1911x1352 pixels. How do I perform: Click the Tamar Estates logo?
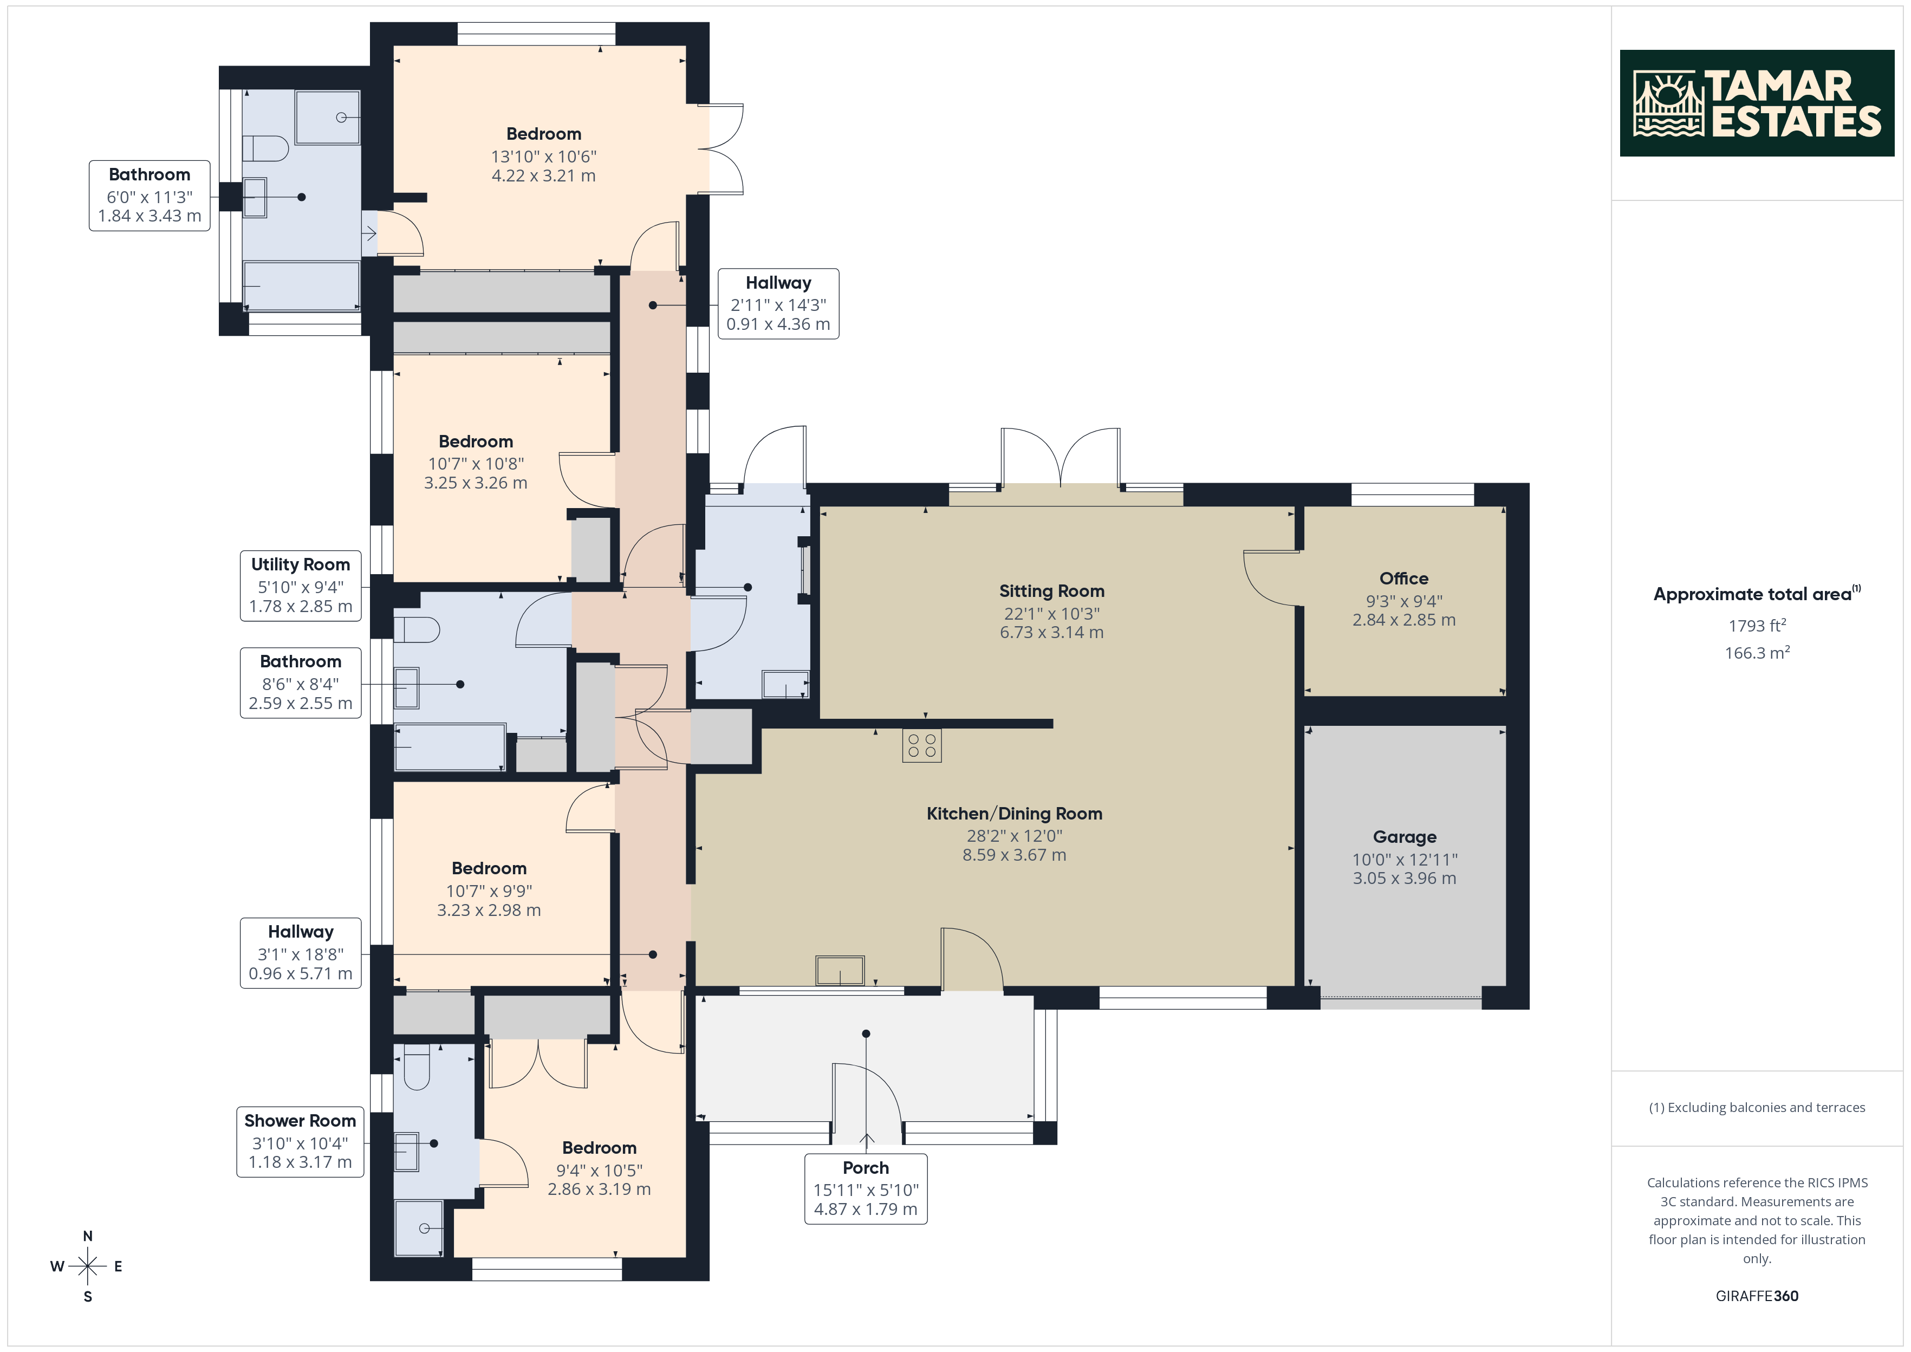click(x=1756, y=103)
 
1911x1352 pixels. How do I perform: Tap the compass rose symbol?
click(x=87, y=1266)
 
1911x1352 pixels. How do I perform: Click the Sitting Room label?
click(x=1052, y=591)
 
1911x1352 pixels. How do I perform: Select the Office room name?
click(x=1404, y=578)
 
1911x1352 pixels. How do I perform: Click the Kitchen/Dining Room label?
click(x=1015, y=814)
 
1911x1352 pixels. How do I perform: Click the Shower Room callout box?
click(x=301, y=1141)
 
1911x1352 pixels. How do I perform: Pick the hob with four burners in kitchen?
click(x=921, y=745)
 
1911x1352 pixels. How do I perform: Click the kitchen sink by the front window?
click(x=840, y=971)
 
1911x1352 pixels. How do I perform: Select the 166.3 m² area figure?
click(x=1757, y=653)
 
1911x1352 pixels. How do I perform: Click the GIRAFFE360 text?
click(x=1757, y=1296)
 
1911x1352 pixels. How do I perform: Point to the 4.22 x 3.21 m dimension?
click(x=543, y=175)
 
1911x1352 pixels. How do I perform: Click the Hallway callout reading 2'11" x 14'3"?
click(x=778, y=304)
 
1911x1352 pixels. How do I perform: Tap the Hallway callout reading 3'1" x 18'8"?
click(x=301, y=953)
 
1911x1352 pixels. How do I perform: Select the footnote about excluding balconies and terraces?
click(x=1757, y=1107)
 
